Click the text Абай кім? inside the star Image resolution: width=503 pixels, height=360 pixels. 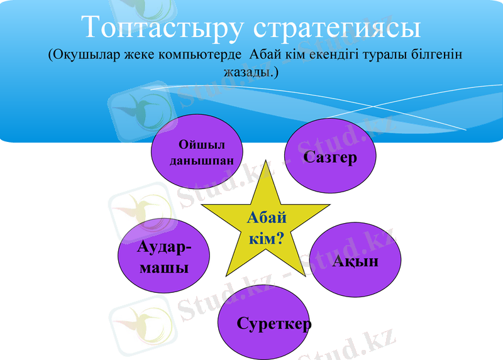266,228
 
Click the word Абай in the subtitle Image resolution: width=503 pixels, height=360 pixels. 265,55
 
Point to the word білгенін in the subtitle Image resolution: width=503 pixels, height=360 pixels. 438,55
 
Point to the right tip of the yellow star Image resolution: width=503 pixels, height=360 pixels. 329,205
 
